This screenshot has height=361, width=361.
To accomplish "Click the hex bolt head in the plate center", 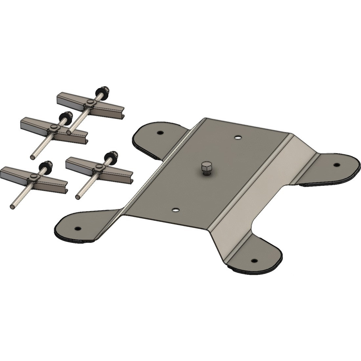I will click(205, 168).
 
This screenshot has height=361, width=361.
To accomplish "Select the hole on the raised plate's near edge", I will click(176, 209).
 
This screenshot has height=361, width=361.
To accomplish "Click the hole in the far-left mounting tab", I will click(160, 133).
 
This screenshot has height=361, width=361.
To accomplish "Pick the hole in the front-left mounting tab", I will click(77, 228).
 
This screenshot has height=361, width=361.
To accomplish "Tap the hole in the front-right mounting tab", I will click(254, 261).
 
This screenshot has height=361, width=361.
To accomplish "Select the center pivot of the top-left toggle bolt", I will click(53, 128).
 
